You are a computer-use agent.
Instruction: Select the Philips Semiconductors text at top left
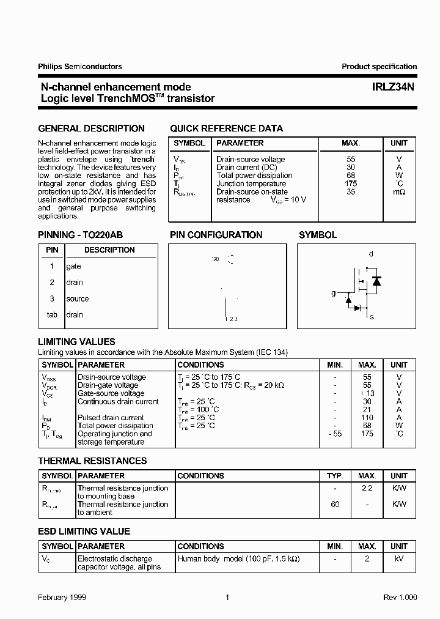[x=79, y=67]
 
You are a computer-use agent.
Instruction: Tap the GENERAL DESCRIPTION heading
[x=91, y=128]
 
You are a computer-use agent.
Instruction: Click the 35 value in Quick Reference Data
[x=351, y=191]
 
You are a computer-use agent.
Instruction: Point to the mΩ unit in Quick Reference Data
[x=399, y=191]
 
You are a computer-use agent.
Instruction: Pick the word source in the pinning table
[x=78, y=299]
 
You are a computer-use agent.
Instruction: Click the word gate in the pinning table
[x=73, y=267]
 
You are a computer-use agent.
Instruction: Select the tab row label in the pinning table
[x=52, y=315]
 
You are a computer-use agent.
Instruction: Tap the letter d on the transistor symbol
[x=371, y=254]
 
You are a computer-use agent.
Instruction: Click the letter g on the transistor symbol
[x=334, y=294]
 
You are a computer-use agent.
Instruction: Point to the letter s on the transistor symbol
[x=372, y=317]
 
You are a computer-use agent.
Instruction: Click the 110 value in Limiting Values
[x=367, y=418]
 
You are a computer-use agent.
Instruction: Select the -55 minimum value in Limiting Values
[x=334, y=434]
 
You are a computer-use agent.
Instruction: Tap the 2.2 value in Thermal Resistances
[x=367, y=488]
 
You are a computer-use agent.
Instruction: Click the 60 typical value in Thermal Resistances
[x=335, y=505]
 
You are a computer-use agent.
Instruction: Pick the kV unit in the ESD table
[x=399, y=559]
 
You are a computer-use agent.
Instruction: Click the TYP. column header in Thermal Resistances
[x=335, y=476]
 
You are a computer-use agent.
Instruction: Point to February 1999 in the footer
[x=62, y=598]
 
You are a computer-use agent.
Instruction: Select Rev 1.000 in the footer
[x=400, y=598]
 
